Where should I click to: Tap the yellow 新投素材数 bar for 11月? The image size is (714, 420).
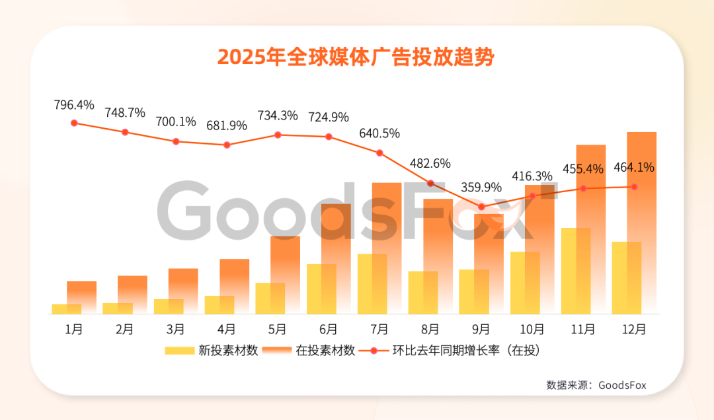pyautogui.click(x=576, y=271)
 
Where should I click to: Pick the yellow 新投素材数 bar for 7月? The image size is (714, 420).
pyautogui.click(x=372, y=284)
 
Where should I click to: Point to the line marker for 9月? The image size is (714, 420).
pyautogui.click(x=481, y=207)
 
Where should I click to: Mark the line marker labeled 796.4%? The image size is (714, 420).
pyautogui.click(x=74, y=123)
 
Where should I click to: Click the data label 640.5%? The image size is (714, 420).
pyautogui.click(x=379, y=133)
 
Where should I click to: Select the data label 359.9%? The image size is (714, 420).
pyautogui.click(x=481, y=187)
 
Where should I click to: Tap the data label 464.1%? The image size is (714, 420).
pyautogui.click(x=634, y=167)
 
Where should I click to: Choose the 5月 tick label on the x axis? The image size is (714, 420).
pyautogui.click(x=278, y=329)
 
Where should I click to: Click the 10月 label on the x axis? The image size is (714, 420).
pyautogui.click(x=532, y=329)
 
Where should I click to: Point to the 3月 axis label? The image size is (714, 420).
pyautogui.click(x=176, y=329)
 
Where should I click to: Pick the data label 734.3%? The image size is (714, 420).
pyautogui.click(x=278, y=115)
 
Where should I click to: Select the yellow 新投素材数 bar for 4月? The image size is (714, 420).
pyautogui.click(x=219, y=304)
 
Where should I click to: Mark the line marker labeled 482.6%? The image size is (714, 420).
pyautogui.click(x=430, y=183)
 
